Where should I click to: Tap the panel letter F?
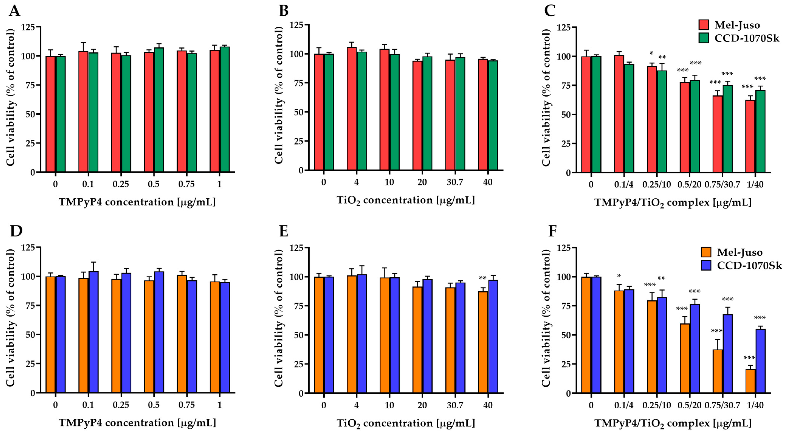pos(552,231)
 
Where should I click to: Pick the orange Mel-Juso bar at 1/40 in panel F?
pos(750,381)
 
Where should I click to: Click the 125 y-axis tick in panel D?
pos(27,247)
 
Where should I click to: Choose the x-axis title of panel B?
pos(405,200)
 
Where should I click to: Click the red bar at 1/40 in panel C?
pos(750,136)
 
